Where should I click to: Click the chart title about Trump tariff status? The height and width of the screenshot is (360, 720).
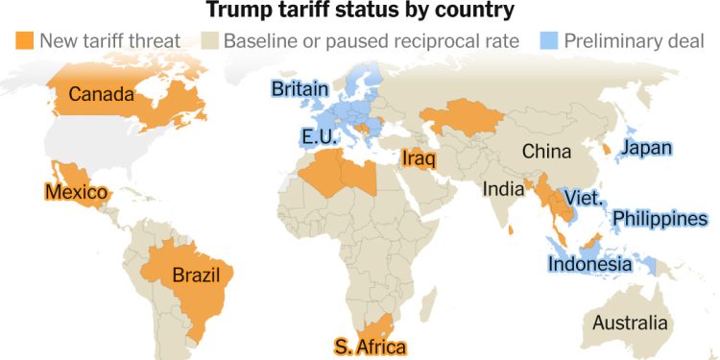360,12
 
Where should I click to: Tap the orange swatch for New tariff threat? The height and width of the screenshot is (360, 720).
24,41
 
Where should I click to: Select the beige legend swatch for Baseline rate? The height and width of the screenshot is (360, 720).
208,41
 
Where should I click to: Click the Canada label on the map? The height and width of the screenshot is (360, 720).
100,94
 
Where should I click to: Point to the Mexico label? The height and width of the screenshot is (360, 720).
75,192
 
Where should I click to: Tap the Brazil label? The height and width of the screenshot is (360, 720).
197,276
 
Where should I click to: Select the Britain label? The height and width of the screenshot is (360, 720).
300,89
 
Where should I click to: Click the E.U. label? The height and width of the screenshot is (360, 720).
319,136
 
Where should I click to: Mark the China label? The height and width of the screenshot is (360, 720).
546,151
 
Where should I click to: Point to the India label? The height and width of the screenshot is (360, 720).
504,189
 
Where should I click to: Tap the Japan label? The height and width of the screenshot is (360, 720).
645,148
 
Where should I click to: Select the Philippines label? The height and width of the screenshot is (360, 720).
660,219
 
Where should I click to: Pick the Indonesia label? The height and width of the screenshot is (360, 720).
590,264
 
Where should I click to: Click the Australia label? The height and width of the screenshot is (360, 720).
630,322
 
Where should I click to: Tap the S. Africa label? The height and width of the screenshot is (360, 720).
370,347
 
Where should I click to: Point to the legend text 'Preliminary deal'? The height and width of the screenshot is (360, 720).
635,41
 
